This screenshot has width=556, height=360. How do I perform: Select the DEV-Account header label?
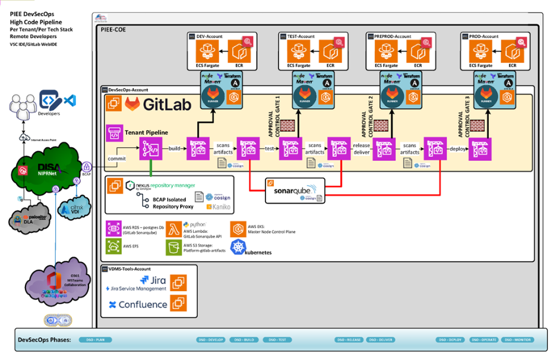click(209, 36)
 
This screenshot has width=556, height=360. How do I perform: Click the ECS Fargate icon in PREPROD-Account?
click(386, 52)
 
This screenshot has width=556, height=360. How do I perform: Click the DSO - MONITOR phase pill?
click(517, 340)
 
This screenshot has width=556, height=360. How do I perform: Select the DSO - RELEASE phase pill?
click(349, 340)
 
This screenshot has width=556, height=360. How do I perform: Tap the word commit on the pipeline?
click(117, 159)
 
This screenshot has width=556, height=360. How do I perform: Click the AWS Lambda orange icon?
click(173, 228)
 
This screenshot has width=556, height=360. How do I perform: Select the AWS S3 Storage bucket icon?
click(173, 247)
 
